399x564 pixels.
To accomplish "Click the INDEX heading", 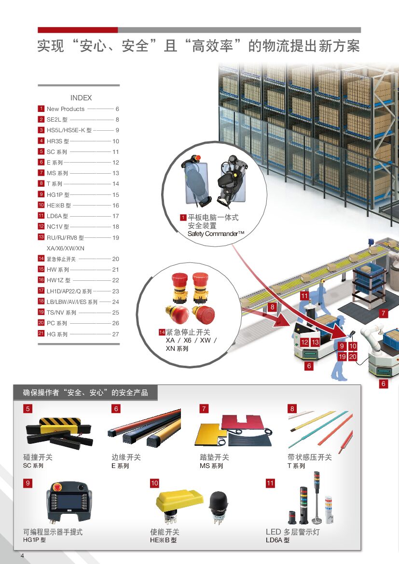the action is point(81,97).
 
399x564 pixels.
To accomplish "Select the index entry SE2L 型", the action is point(57,120).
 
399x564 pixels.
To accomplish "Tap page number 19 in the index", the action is point(116,238).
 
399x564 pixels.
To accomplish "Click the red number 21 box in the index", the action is point(41,334).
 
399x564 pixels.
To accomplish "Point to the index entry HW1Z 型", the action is point(58,280).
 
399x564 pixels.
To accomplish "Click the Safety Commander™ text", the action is point(216,234).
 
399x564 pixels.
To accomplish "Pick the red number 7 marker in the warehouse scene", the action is point(384,314).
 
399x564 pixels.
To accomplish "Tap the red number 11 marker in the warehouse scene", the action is point(304,296).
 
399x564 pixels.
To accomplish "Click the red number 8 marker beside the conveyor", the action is point(272,307).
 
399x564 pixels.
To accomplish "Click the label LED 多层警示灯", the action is point(292,532).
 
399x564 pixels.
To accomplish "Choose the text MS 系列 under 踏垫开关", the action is point(211,466).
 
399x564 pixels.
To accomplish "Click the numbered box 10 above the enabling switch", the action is point(154,483).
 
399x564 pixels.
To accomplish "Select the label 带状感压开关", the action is point(310,457).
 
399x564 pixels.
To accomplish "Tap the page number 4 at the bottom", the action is point(22,556).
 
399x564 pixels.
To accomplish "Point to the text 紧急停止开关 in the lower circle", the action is point(188,332).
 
